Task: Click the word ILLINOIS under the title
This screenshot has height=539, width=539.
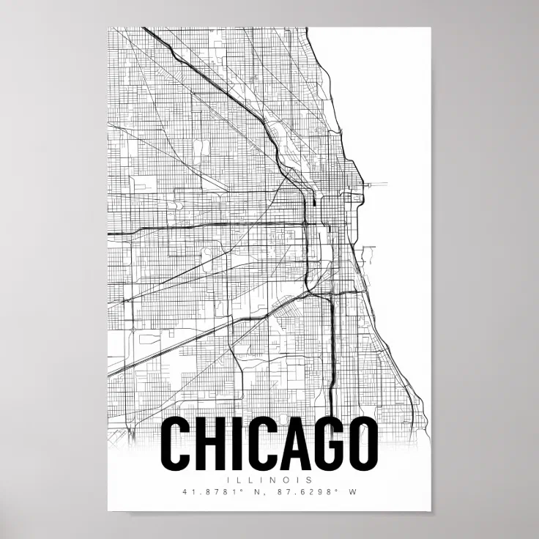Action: [x=269, y=480]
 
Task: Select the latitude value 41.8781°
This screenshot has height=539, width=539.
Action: [x=207, y=492]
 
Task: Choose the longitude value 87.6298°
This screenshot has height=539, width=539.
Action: [x=300, y=492]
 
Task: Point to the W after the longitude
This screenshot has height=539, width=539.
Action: [x=352, y=492]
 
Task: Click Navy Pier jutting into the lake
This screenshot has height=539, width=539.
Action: [x=376, y=183]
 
